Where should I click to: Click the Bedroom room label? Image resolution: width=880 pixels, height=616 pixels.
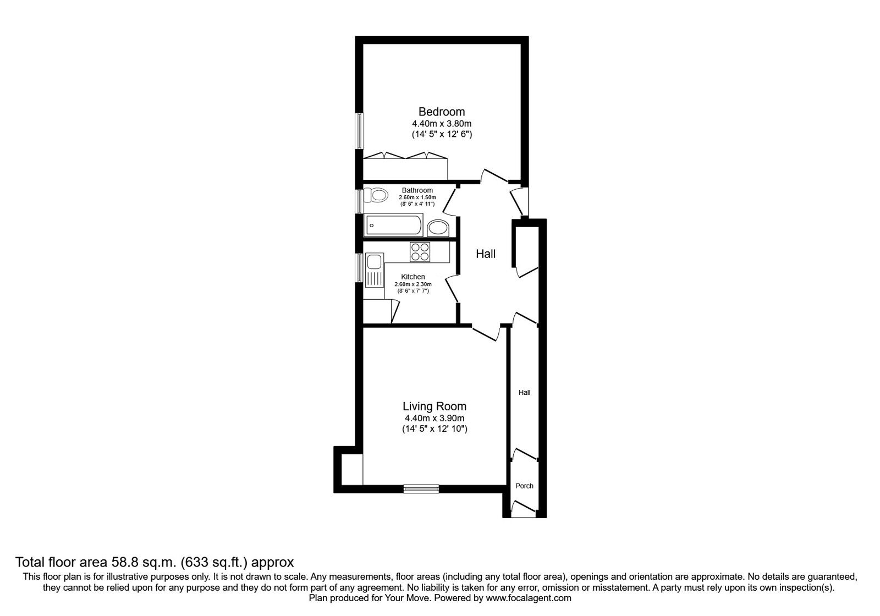point(442,112)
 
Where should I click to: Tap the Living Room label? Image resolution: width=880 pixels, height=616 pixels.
point(435,406)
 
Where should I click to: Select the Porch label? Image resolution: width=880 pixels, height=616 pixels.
point(525,486)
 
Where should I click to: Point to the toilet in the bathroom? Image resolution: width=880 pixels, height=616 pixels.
point(376,195)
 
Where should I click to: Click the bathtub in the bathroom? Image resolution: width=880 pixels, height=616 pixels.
point(394,225)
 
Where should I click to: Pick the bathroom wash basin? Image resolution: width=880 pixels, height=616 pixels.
point(438,228)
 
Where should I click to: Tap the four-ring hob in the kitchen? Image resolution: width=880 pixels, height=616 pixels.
point(420,252)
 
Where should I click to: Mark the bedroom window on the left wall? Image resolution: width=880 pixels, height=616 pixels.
point(359,131)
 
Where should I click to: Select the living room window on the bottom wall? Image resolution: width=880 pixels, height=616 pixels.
point(421,489)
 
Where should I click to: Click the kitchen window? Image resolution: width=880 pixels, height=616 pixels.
point(359,267)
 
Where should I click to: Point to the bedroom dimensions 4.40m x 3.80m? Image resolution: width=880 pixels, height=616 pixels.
point(442,124)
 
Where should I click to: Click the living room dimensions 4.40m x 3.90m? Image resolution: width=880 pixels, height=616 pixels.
point(435,419)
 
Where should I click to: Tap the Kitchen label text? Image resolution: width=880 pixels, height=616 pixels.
point(413,277)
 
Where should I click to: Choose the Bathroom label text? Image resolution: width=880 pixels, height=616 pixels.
point(417,190)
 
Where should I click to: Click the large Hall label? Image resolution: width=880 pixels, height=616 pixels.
point(486,254)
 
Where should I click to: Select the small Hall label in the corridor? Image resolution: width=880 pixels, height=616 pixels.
point(525,393)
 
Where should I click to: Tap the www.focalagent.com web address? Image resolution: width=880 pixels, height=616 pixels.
point(529,598)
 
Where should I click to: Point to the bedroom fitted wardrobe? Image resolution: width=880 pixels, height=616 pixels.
point(405,166)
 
